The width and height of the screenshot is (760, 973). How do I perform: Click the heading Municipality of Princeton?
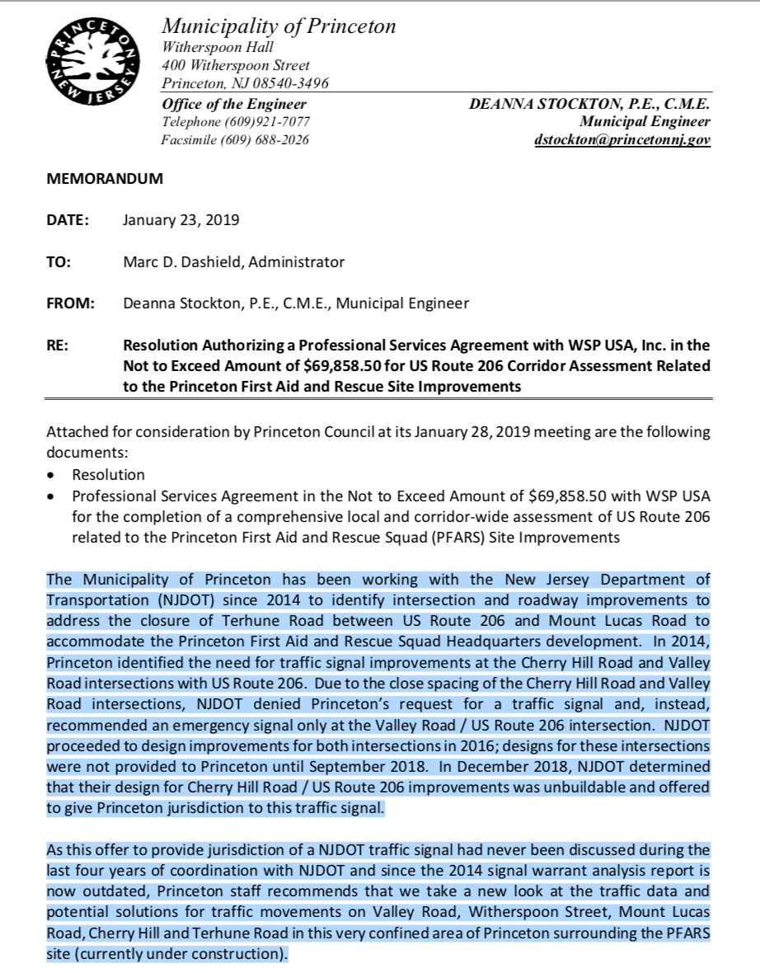click(279, 26)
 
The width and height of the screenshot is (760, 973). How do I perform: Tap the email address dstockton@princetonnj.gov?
click(622, 140)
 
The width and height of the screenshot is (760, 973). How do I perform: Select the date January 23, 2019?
click(181, 220)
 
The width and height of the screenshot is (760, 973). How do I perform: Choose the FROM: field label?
click(71, 303)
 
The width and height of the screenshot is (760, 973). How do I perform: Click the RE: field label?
click(58, 345)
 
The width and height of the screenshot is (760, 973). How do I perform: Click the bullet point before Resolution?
click(53, 476)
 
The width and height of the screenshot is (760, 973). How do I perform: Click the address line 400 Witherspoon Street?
click(236, 65)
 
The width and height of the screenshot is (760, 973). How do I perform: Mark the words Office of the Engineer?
click(234, 104)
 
